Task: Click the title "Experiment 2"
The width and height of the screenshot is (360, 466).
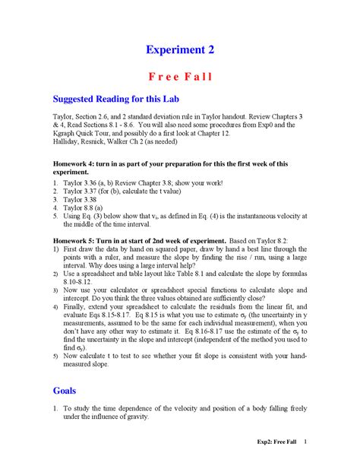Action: pos(180,49)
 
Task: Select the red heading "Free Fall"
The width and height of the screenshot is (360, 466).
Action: pos(180,77)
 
